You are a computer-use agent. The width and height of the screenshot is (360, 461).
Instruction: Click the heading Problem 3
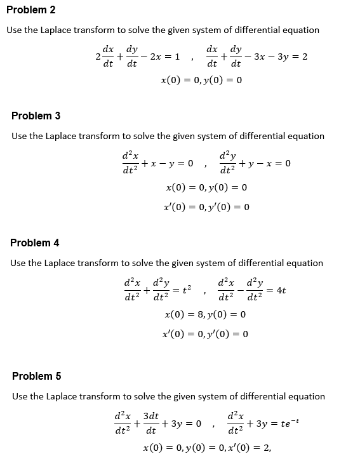pos(36,116)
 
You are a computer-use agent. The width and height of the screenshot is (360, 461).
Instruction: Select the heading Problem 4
pos(35,243)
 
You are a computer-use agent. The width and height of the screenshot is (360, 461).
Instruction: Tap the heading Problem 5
pos(36,376)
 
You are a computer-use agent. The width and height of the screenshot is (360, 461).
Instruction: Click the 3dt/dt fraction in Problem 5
pos(152,424)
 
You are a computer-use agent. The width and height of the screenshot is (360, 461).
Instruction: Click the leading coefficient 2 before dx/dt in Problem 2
pos(97,57)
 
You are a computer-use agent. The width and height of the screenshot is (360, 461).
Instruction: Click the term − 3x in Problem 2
pos(258,57)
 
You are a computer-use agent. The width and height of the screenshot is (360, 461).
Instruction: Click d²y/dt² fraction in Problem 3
pos(227,163)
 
